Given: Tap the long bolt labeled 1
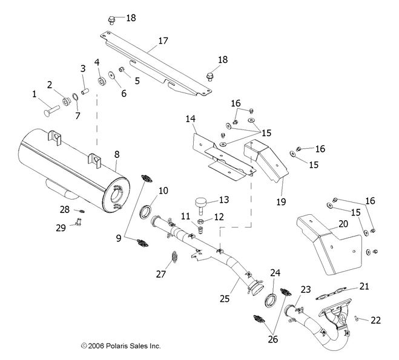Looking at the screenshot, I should [49, 111].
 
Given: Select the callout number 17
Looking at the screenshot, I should [163, 41].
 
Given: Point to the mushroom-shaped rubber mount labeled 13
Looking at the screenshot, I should [201, 201].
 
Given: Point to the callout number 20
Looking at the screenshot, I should [343, 224].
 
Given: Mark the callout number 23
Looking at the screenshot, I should [305, 289].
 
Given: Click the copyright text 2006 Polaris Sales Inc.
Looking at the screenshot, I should [120, 346].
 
